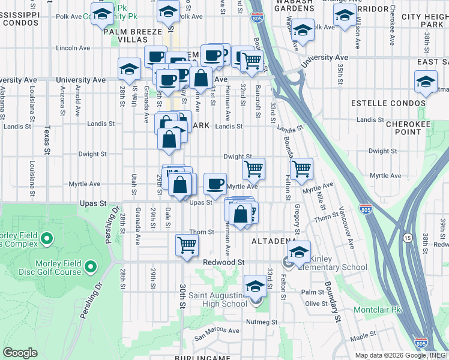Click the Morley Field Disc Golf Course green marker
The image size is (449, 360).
tap(91, 266)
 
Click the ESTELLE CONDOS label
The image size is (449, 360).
tap(388, 103)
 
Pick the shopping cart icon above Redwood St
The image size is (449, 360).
tap(187, 244)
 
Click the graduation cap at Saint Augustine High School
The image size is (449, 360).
tap(255, 286)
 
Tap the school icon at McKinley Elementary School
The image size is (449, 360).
tap(299, 251)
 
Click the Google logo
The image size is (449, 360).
tap(20, 353)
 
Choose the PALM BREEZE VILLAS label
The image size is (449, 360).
tap(133, 35)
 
